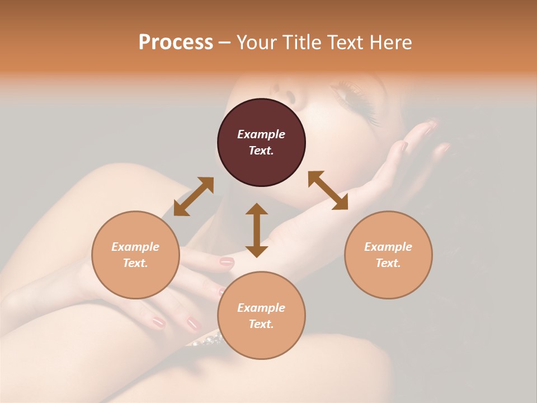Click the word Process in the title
click(x=176, y=43)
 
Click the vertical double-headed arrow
click(x=257, y=230)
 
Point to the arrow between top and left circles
click(x=194, y=196)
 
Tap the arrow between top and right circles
click(x=328, y=190)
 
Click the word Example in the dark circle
click(x=261, y=134)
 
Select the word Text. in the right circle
click(x=388, y=263)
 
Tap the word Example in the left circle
click(x=135, y=247)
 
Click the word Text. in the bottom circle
click(x=261, y=324)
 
